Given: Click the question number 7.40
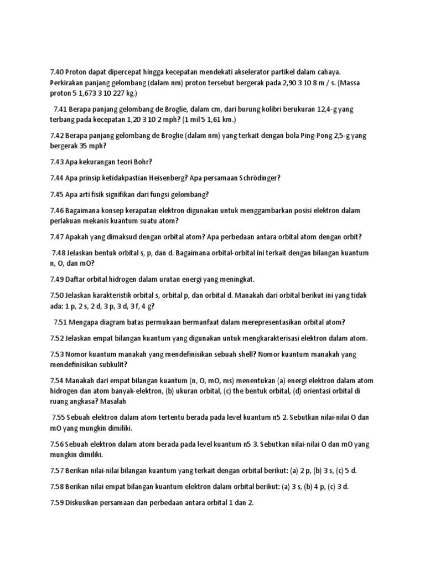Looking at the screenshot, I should click(x=57, y=71).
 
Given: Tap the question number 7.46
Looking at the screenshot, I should click(x=57, y=210).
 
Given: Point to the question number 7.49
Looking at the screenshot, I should click(x=57, y=279).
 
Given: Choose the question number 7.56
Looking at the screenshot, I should click(x=57, y=444).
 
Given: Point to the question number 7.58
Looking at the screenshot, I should click(x=57, y=487).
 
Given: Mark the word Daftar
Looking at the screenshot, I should click(x=76, y=279).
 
